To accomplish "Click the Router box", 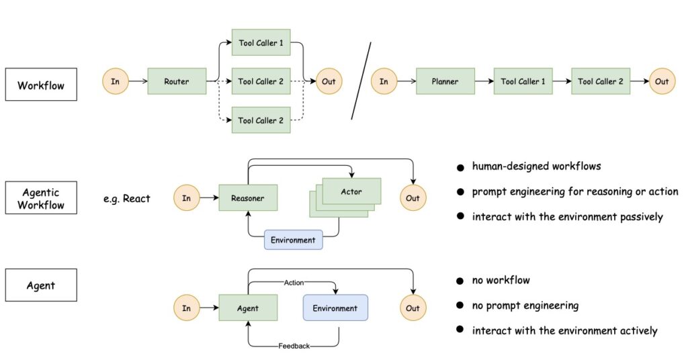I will [176, 82].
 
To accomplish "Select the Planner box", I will [444, 82].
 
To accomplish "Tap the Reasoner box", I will [247, 198].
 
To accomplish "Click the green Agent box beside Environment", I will [247, 308].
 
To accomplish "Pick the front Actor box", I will [351, 191].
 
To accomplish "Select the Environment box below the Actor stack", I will [294, 239].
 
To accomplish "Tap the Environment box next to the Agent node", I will [335, 308].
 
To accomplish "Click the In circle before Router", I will [115, 82].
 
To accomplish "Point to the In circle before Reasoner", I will [186, 198].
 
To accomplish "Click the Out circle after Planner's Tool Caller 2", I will [662, 82].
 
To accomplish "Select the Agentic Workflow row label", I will [41, 197].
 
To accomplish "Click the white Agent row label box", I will [41, 285].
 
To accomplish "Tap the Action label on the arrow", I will [294, 282].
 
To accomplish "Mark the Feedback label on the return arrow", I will [294, 346].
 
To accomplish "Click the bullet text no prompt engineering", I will [525, 306].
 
